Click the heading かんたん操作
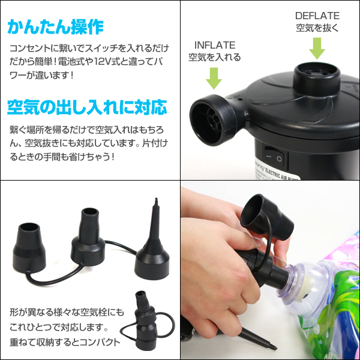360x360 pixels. tap(56, 27)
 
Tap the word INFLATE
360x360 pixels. tap(215, 46)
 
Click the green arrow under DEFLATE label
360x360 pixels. tap(317, 47)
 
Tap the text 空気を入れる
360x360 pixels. tap(214, 58)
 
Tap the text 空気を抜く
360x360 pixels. tap(317, 28)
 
